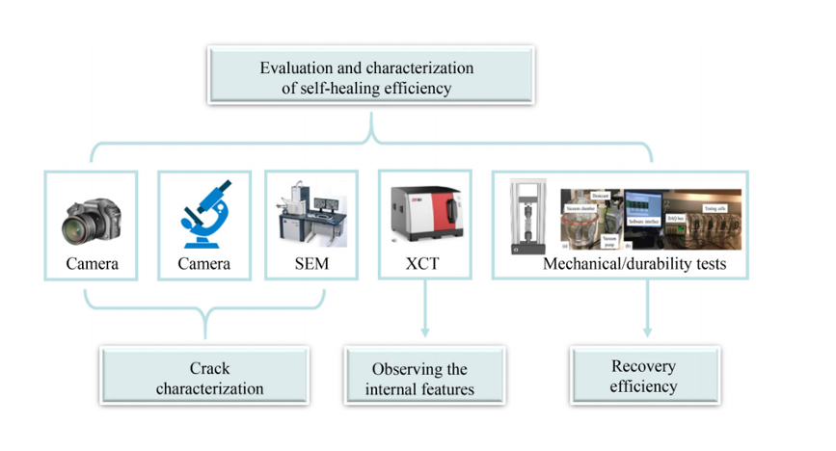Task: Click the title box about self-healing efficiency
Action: click(367, 78)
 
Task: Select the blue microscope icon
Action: click(203, 213)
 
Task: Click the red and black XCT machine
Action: click(423, 211)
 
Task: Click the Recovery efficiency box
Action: click(644, 377)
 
